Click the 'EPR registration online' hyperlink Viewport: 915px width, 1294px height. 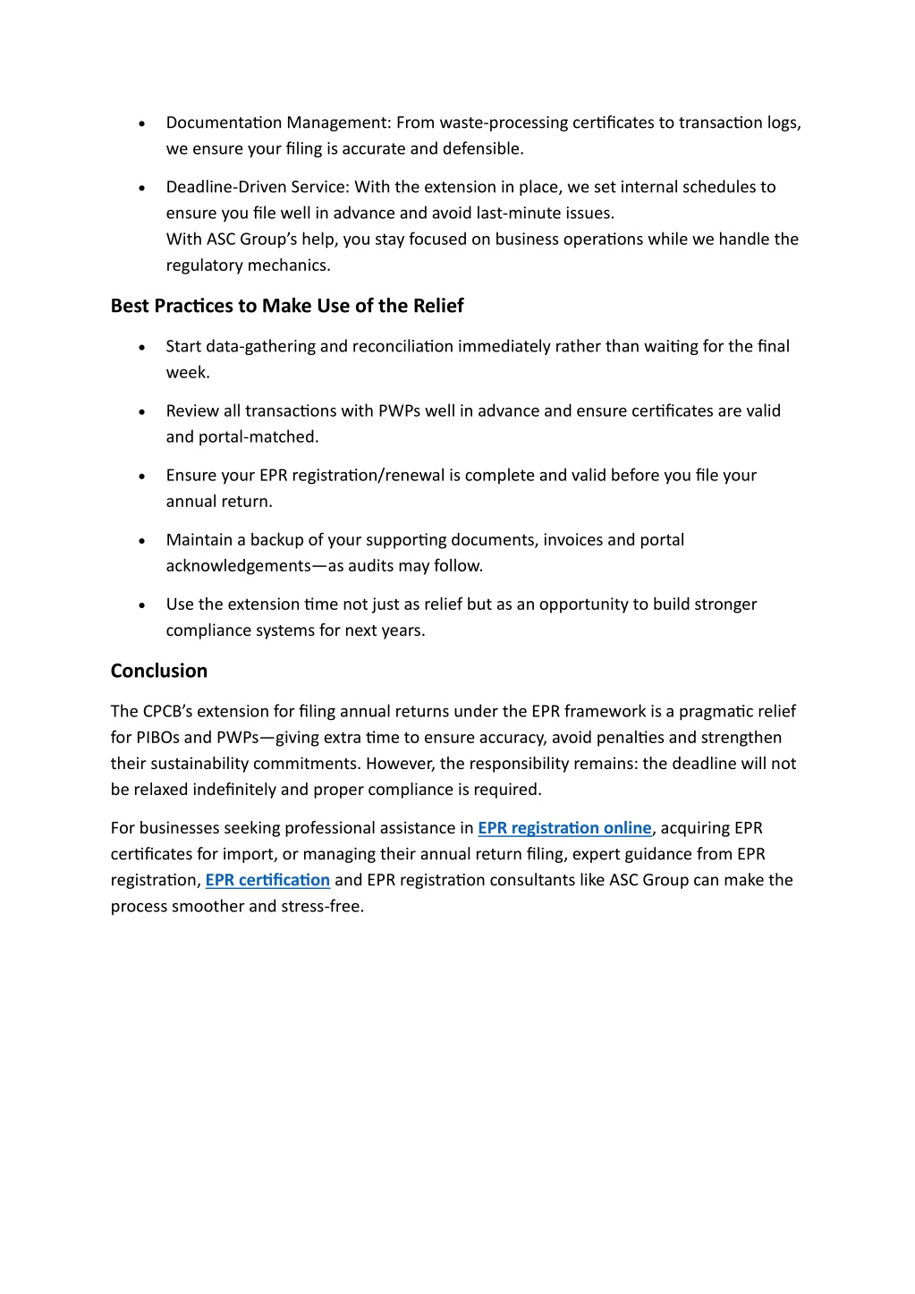[x=564, y=828]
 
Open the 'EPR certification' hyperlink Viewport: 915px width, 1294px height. [x=267, y=880]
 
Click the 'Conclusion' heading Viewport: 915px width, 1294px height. [x=159, y=671]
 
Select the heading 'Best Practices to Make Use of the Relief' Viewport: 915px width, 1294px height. [x=287, y=306]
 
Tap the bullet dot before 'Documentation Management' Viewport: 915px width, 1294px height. [x=142, y=123]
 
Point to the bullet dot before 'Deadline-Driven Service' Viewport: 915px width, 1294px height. [x=142, y=188]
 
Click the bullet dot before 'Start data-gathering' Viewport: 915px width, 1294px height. [x=142, y=347]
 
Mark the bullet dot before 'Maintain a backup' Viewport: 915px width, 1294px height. [x=142, y=541]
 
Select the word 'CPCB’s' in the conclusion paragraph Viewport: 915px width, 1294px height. [x=167, y=712]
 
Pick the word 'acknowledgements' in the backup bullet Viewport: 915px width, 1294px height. [x=238, y=566]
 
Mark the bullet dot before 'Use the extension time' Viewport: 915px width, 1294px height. [x=142, y=605]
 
